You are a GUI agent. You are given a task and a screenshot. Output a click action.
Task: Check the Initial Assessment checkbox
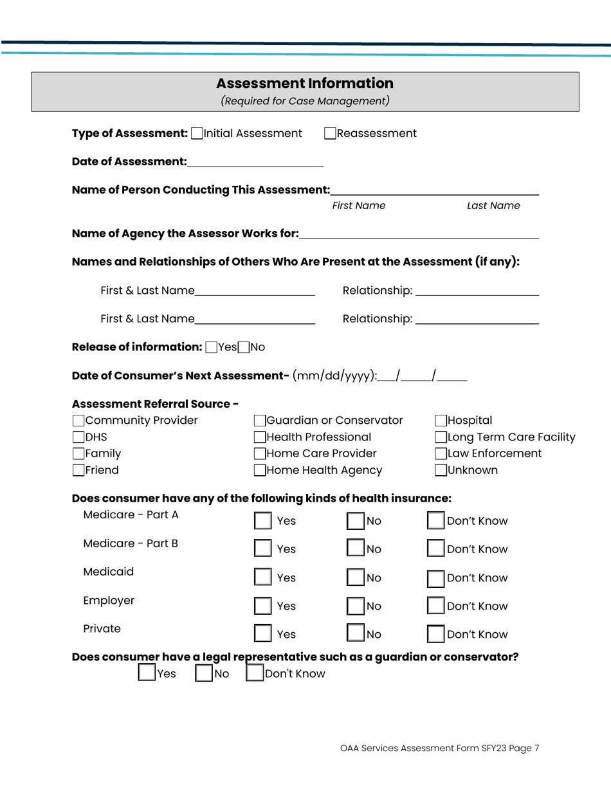tap(196, 134)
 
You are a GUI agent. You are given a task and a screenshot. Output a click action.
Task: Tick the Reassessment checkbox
tap(330, 134)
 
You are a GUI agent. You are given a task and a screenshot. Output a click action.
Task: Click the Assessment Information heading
tap(305, 84)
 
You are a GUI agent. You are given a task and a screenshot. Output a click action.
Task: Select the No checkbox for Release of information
tap(242, 348)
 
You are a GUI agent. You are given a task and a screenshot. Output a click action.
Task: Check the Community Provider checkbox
tap(78, 422)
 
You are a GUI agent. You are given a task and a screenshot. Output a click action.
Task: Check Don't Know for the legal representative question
tap(256, 674)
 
